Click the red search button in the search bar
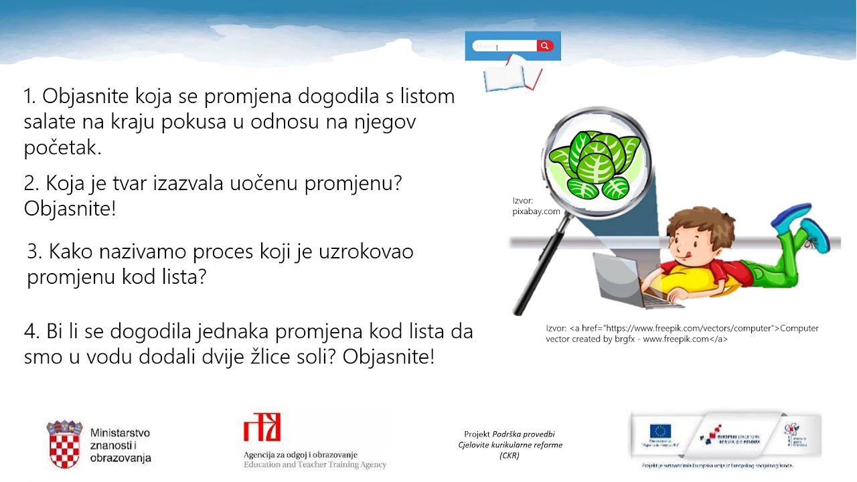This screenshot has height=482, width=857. tap(545, 46)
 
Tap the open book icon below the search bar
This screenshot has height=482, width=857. tap(512, 75)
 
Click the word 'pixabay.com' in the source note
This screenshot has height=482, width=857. tap(536, 212)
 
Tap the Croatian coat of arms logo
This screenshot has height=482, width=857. tap(64, 443)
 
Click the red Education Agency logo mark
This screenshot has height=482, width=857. tap(262, 426)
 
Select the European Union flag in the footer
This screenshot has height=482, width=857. tap(660, 432)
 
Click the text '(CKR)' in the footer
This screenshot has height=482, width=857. tap(510, 456)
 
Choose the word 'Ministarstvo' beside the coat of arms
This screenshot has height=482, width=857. tap(120, 432)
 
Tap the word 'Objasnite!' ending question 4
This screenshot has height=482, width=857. tap(388, 356)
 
